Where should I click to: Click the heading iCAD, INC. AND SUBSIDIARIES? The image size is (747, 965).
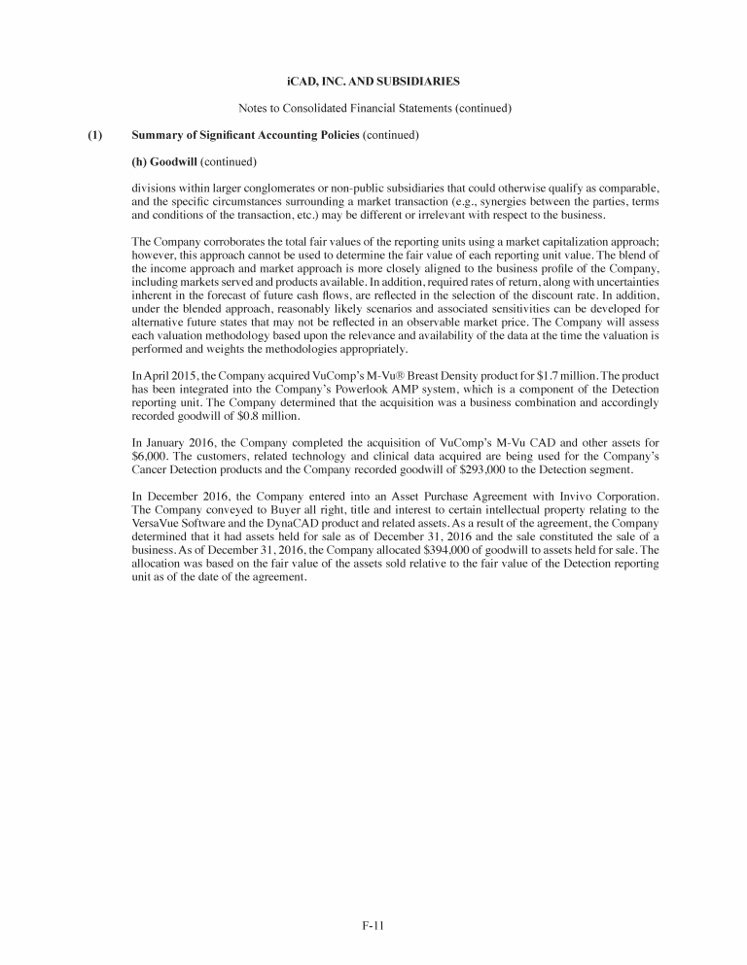coord(373,77)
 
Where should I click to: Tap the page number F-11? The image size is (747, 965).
coord(373,925)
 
